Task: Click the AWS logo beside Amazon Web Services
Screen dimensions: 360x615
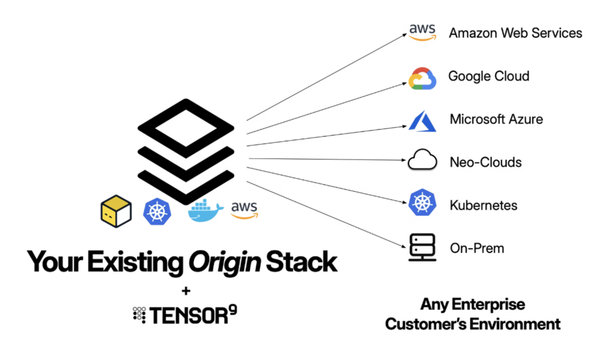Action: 422,32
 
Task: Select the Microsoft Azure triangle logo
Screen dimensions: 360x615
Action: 422,121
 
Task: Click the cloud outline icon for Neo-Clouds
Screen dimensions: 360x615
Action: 422,162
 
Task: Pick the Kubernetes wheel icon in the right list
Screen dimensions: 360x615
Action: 423,204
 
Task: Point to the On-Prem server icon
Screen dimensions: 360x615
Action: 423,247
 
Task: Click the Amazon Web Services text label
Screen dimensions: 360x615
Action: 515,33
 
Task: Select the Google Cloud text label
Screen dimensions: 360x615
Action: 488,76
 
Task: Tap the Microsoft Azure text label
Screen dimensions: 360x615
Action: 496,119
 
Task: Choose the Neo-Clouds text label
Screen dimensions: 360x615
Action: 485,162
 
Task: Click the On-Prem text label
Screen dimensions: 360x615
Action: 477,249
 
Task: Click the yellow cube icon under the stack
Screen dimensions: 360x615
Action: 116,210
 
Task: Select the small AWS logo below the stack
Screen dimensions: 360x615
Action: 244,210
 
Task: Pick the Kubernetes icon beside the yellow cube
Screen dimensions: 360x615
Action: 157,211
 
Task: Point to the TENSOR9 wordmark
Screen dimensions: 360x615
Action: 185,315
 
